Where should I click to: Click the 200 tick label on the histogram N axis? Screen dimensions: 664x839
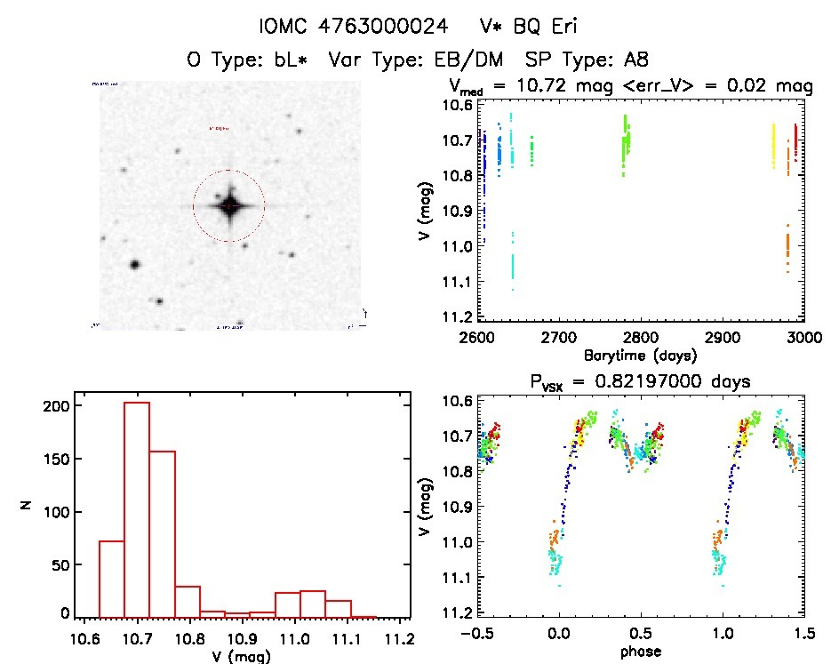[55, 405]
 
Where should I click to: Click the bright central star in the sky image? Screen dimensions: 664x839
[229, 205]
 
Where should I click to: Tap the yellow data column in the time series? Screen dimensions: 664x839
[772, 147]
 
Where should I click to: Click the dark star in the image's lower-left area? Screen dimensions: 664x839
[134, 264]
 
